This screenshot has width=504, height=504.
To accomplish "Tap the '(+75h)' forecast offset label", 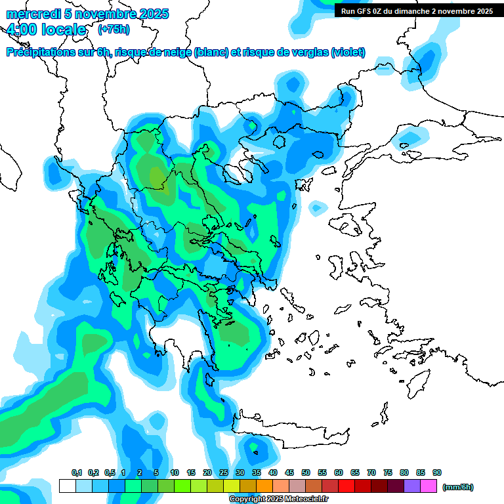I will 114,30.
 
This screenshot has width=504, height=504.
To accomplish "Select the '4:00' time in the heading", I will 20,30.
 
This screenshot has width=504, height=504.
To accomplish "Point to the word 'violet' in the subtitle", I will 347,52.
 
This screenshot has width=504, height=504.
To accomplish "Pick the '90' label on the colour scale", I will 437,472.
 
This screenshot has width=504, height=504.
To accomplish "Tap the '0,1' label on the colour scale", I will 76,472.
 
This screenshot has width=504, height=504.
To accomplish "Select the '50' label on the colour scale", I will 306,472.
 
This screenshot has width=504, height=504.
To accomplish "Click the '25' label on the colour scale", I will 224,472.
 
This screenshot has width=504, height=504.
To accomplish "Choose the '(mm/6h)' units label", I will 457,487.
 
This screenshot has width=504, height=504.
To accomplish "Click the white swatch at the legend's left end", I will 67,486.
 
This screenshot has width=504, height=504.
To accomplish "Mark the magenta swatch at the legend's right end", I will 429,486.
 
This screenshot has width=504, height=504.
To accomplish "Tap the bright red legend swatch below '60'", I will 346,486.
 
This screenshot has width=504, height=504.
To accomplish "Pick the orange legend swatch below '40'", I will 264,486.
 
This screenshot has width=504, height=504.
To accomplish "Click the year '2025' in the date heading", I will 149,14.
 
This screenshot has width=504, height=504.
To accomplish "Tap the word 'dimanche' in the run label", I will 426,11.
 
